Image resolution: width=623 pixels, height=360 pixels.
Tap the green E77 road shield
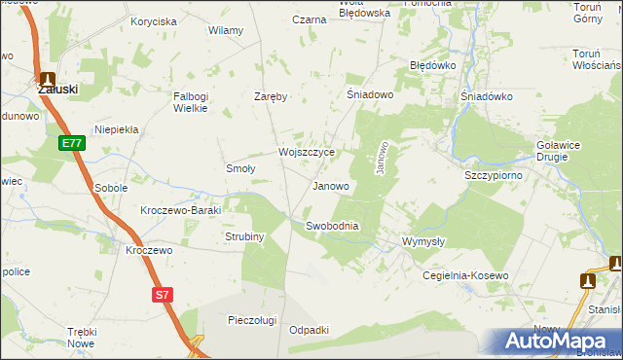pos(70,143)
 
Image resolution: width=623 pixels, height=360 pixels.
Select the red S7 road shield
pos(163,293)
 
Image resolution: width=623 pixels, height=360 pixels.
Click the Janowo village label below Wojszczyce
pos(330,186)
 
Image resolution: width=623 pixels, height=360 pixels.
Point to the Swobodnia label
pos(332,226)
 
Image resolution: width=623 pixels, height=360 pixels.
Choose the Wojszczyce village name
pos(307,153)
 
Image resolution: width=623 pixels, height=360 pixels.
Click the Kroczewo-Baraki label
pos(182,210)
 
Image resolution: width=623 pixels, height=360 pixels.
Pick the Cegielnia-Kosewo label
pos(465,275)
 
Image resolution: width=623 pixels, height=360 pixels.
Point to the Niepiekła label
pos(117,128)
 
